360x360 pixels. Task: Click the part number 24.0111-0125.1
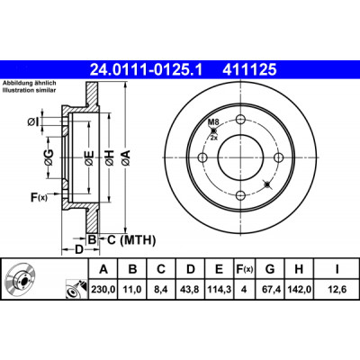pos(147,70)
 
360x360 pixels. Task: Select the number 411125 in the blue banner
pos(249,70)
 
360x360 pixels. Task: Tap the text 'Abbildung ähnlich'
pos(30,84)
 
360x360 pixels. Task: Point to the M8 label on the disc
pos(213,121)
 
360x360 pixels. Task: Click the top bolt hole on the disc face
pos(240,120)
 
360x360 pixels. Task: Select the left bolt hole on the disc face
pos(202,157)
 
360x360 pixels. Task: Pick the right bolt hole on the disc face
pos(279,157)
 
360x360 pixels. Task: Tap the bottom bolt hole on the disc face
pos(240,195)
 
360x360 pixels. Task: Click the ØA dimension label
pos(126,157)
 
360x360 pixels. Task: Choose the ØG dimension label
pos(49,157)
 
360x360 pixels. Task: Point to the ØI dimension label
pos(33,122)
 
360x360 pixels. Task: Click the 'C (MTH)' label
pos(131,240)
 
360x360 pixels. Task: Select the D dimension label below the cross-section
pos(78,249)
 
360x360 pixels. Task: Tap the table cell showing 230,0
pos(103,290)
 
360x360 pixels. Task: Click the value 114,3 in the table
pos(219,290)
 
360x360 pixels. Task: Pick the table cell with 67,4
pos(270,290)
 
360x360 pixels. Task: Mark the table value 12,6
pos(337,290)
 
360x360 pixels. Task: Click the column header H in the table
pos(299,269)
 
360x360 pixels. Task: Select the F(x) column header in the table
pos(244,269)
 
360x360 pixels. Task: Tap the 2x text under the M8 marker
pos(213,139)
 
